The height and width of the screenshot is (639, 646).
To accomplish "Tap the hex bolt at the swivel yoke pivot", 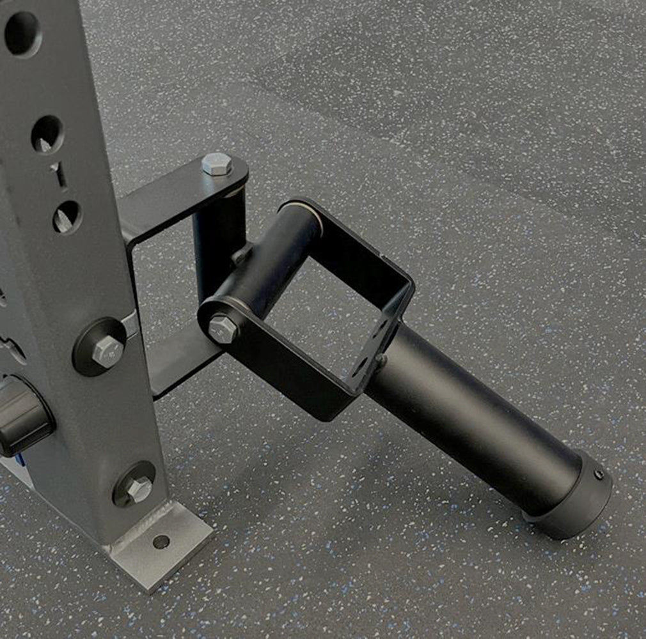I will tap(223, 329).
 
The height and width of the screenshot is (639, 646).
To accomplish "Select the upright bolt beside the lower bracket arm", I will tap(107, 351).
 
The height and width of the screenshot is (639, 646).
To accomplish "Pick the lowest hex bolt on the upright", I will tap(138, 489).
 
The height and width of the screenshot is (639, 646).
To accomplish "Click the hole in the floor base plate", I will tap(161, 542).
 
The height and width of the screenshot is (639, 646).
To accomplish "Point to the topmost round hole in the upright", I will tap(22, 32).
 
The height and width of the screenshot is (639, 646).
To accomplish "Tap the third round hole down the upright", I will tap(67, 217).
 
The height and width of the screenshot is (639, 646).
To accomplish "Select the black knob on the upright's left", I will tap(24, 414).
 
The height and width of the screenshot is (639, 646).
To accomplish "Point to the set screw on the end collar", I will tap(598, 475).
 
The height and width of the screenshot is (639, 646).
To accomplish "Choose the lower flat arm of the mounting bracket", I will tap(179, 361).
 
